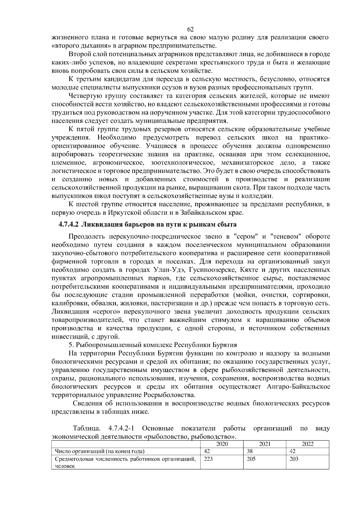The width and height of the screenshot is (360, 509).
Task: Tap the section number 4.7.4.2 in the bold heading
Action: point(68,225)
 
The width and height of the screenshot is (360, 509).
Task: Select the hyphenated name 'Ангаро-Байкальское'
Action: point(298,386)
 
